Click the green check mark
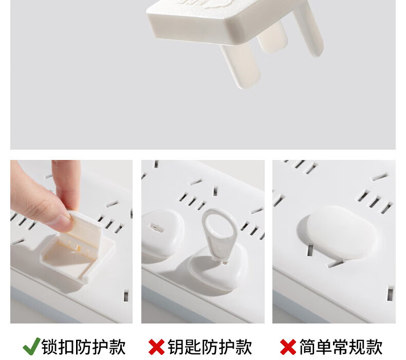pyautogui.click(x=31, y=347)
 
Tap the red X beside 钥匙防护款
pyautogui.click(x=156, y=347)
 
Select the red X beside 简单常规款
pyautogui.click(x=288, y=347)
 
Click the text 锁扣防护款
pyautogui.click(x=83, y=347)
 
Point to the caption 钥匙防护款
pyautogui.click(x=210, y=347)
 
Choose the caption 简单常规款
pyautogui.click(x=341, y=347)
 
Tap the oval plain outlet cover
pyautogui.click(x=341, y=232)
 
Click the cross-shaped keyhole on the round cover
pyautogui.click(x=157, y=228)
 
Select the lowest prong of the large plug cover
pyautogui.click(x=241, y=66)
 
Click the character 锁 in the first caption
pyautogui.click(x=50, y=347)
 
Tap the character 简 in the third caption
pyautogui.click(x=307, y=347)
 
